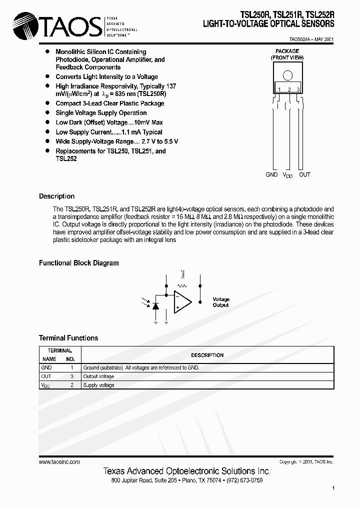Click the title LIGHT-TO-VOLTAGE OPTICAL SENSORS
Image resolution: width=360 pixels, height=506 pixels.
268,24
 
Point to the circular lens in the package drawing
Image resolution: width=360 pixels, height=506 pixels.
287,75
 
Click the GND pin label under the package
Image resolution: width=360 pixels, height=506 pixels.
271,174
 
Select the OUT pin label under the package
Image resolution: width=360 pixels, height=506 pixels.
304,174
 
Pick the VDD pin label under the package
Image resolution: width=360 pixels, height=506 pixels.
288,175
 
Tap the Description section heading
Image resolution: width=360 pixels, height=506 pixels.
56,196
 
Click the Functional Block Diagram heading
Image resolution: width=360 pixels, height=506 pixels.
79,262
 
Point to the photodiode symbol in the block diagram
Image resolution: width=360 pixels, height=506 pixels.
155,305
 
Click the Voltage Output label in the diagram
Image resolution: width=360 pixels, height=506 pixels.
220,302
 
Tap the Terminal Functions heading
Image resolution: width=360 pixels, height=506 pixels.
68,338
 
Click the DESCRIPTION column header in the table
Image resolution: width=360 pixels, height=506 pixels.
207,355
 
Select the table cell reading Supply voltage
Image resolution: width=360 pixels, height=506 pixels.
98,385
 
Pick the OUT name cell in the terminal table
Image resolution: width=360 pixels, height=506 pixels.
46,376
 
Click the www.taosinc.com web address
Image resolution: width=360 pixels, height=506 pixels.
59,462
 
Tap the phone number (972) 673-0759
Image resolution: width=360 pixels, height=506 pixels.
244,480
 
